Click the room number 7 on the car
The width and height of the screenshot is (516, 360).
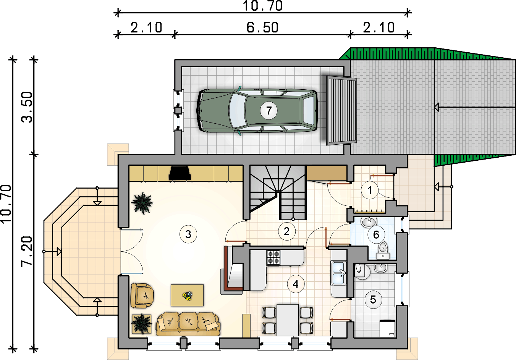(269, 111)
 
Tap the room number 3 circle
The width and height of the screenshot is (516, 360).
(188, 234)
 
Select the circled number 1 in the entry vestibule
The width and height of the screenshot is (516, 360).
(369, 190)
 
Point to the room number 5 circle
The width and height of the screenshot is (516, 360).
(373, 300)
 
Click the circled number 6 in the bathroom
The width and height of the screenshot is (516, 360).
(376, 235)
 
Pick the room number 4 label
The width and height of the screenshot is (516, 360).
(296, 284)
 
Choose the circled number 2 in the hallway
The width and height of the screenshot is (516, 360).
(287, 231)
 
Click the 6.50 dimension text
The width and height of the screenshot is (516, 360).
(262, 27)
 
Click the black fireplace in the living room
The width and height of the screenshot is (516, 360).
(180, 173)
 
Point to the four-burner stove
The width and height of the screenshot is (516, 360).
(273, 257)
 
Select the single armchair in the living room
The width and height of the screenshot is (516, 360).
(142, 295)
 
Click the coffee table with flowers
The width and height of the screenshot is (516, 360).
(187, 295)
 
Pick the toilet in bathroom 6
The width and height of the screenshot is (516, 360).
(383, 250)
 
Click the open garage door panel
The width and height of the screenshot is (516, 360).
(341, 111)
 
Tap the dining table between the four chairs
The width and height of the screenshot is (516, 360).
(288, 320)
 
